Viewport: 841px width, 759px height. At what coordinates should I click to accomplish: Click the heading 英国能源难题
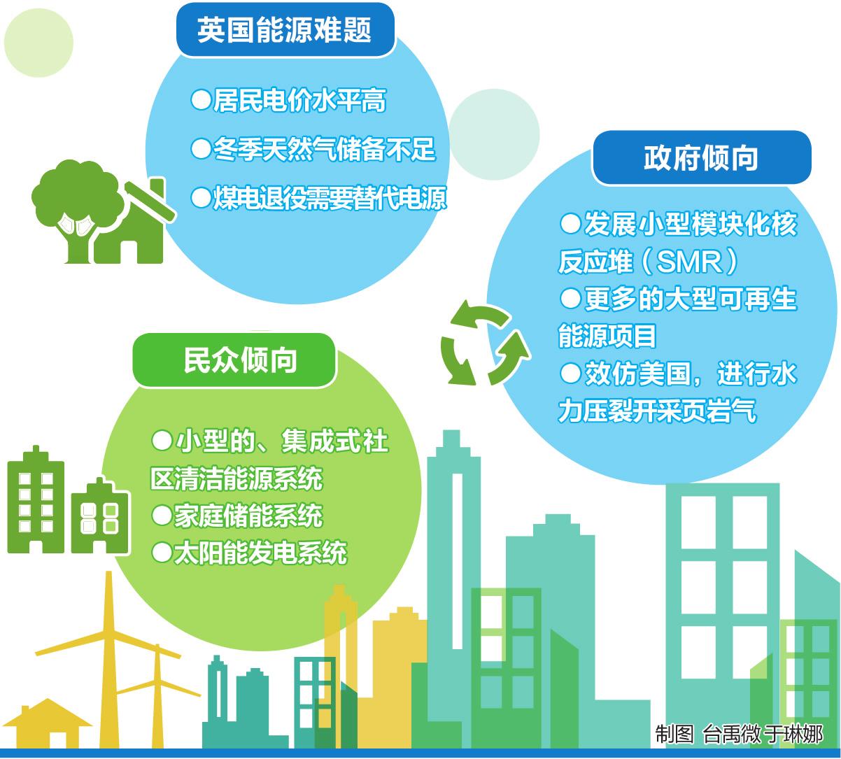click(284, 30)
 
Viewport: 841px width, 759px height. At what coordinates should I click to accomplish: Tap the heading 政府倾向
click(700, 158)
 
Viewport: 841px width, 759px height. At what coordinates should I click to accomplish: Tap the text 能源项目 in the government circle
click(607, 336)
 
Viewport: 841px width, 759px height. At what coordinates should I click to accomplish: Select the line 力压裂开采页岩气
click(656, 411)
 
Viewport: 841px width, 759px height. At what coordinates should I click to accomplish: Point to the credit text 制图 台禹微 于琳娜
click(738, 734)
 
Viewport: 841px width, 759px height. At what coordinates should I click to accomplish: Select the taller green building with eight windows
click(36, 500)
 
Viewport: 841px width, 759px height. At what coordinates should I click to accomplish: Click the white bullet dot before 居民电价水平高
click(202, 101)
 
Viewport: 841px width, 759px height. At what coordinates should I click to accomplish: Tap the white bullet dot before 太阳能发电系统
click(162, 553)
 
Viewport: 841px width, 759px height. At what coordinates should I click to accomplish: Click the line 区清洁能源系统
click(236, 479)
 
